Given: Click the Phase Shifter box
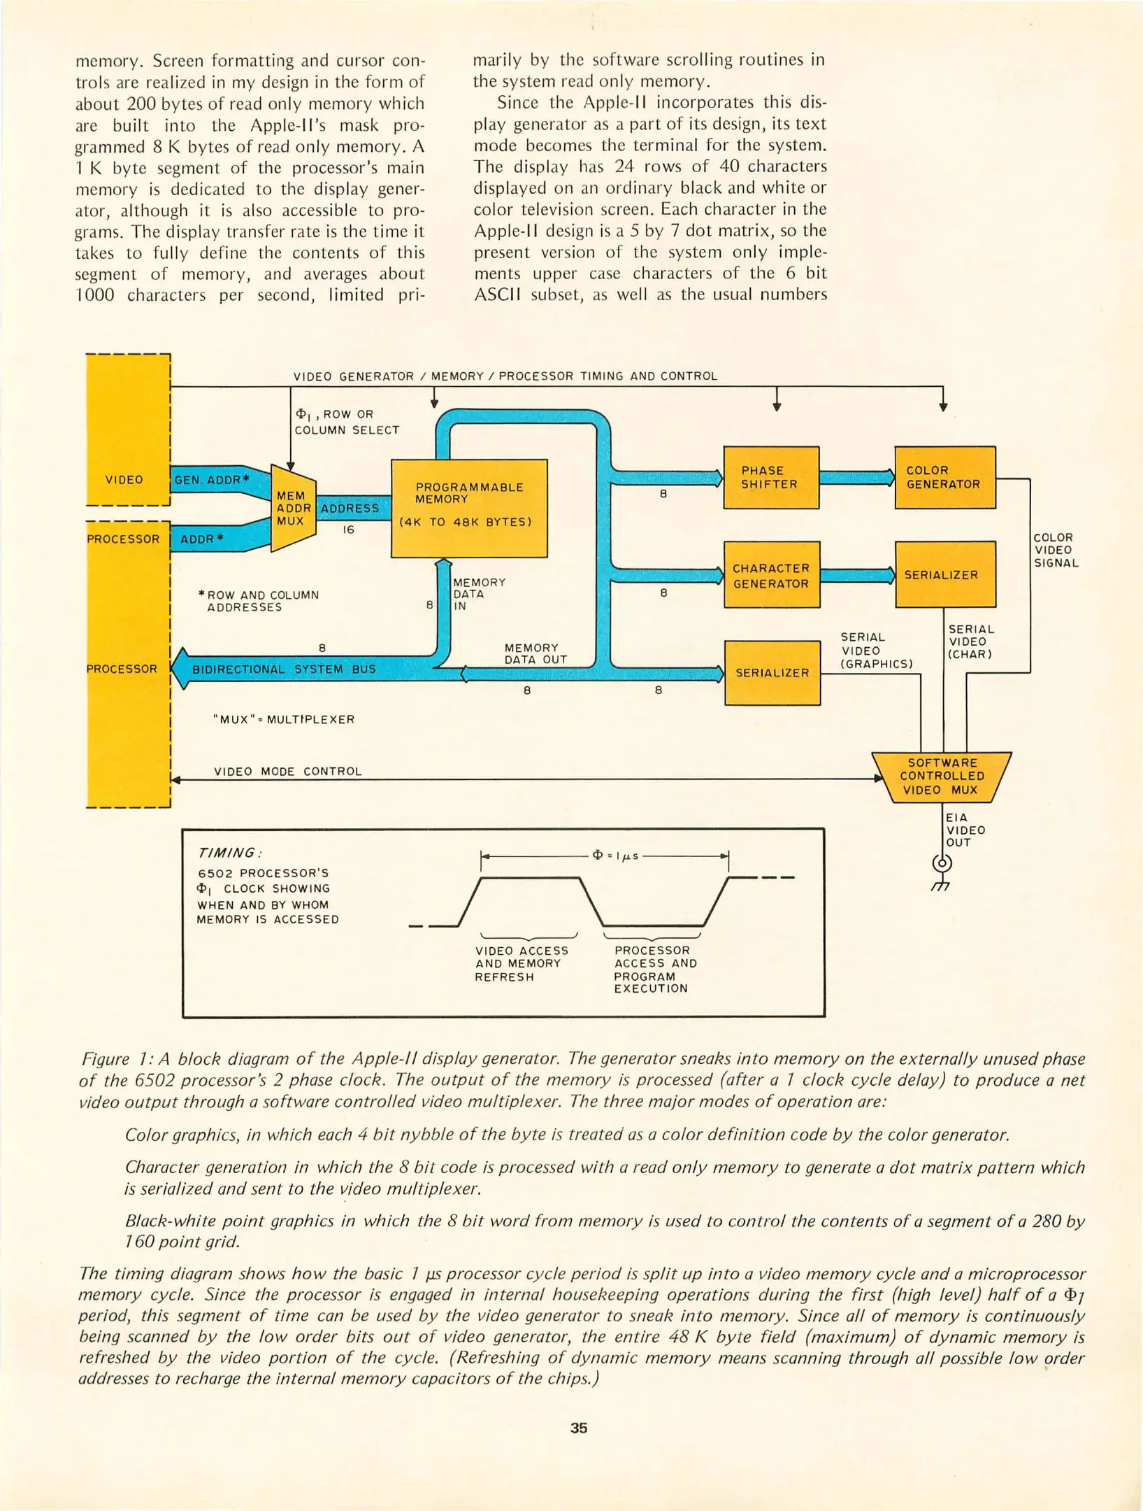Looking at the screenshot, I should click(x=770, y=477).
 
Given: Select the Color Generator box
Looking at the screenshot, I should click(x=944, y=477).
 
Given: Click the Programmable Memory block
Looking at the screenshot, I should click(x=468, y=508).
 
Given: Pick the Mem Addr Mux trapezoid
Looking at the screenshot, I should click(x=292, y=508).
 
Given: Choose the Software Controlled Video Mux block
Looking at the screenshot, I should click(x=942, y=776).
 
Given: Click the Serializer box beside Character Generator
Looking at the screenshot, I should click(x=944, y=574).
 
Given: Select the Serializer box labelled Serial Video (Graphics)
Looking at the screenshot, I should click(x=772, y=672).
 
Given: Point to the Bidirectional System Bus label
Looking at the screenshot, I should click(x=284, y=669).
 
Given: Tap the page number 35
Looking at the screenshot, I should click(x=578, y=1428).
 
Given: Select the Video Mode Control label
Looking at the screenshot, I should click(x=287, y=771).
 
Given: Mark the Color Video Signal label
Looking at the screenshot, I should click(x=1056, y=550).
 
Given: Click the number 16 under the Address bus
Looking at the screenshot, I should click(x=348, y=530).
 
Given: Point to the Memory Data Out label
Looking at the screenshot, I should click(x=535, y=653).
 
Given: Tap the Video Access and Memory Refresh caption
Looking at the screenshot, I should click(x=522, y=963).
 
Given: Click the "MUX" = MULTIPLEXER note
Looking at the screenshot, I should click(x=283, y=719).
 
